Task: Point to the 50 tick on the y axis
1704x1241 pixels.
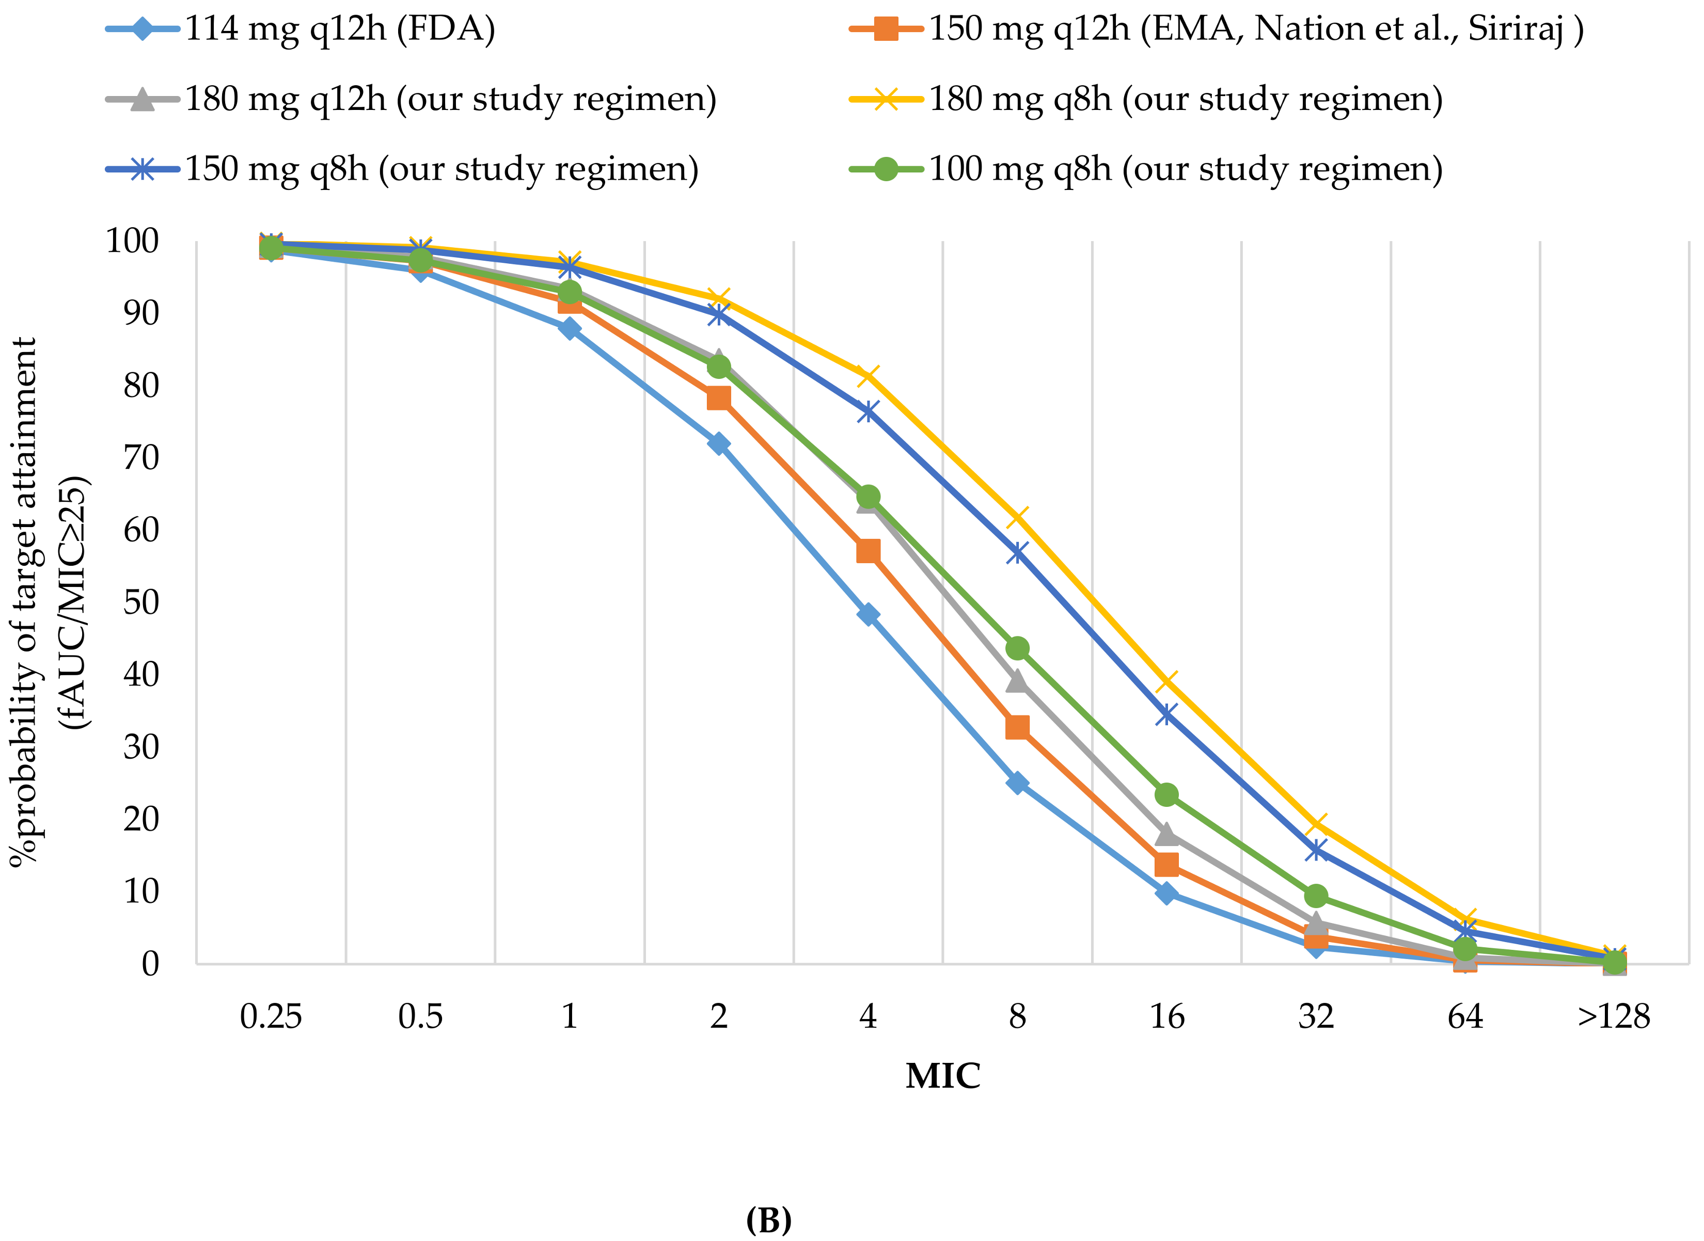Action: (141, 602)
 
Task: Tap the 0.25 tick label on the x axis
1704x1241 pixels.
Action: (271, 1016)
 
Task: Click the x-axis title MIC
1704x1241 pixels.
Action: (942, 1076)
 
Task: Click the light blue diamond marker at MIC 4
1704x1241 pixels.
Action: (868, 614)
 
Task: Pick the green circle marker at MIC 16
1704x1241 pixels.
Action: (1166, 794)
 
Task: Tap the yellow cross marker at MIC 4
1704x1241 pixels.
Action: (868, 375)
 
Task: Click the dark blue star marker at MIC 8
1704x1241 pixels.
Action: (1017, 553)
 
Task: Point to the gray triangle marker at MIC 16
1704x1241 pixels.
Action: (1166, 834)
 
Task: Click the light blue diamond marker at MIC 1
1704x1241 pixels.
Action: (570, 328)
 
